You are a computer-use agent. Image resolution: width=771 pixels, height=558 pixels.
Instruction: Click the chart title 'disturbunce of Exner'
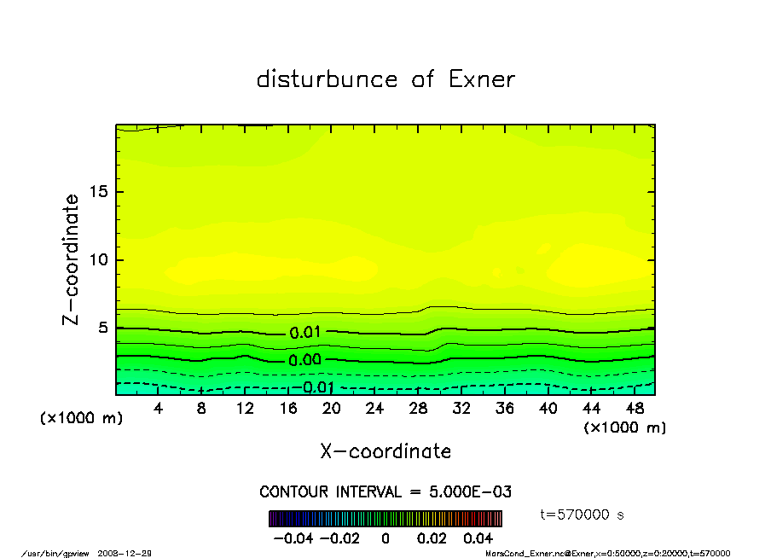[x=385, y=79]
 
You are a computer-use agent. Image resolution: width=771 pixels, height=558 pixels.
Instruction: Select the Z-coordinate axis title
[x=72, y=259]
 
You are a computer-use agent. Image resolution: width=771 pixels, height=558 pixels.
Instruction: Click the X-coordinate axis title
[x=385, y=451]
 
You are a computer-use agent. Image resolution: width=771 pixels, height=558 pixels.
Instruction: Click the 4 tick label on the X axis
[x=159, y=409]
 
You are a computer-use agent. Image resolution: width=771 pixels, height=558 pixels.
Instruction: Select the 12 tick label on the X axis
[x=245, y=409]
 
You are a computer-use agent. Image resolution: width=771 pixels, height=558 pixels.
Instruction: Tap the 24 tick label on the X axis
[x=374, y=409]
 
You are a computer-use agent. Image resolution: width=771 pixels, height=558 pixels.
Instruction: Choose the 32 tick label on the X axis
[x=461, y=409]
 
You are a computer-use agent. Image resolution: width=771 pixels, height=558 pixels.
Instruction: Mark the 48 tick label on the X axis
[x=634, y=409]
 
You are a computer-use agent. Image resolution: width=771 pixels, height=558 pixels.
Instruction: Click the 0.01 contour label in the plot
[x=304, y=333]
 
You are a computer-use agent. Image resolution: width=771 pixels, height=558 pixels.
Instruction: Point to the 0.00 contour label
[x=304, y=360]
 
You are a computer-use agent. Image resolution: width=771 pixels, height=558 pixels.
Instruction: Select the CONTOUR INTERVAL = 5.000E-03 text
[x=385, y=492]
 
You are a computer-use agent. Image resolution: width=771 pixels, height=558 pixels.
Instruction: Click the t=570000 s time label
[x=583, y=514]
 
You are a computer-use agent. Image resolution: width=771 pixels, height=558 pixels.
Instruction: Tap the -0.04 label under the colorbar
[x=287, y=538]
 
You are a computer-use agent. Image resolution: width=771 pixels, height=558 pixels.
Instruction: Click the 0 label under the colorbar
[x=385, y=538]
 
